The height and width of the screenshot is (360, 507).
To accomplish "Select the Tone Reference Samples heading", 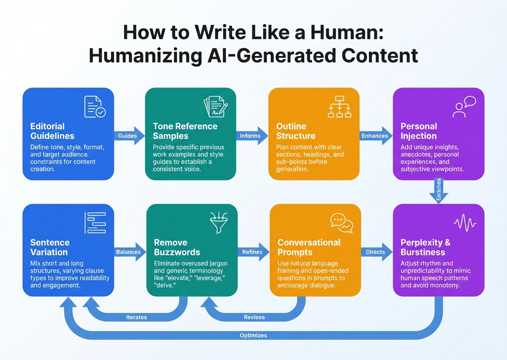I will tap(185, 131).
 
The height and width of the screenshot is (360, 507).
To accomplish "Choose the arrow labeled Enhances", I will tap(376, 136).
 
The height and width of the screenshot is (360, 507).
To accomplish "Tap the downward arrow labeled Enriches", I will tap(439, 191).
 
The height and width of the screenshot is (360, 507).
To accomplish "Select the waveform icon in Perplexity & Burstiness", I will tap(464, 223).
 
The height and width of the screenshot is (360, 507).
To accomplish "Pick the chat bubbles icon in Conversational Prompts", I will tap(341, 223).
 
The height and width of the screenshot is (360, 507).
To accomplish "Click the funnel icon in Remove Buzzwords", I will tap(218, 223).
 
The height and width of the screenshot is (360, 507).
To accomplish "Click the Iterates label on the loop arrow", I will tap(136, 317).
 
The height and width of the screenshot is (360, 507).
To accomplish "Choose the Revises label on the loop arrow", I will tap(254, 317).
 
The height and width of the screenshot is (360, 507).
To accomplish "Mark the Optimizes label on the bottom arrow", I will tap(254, 335).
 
